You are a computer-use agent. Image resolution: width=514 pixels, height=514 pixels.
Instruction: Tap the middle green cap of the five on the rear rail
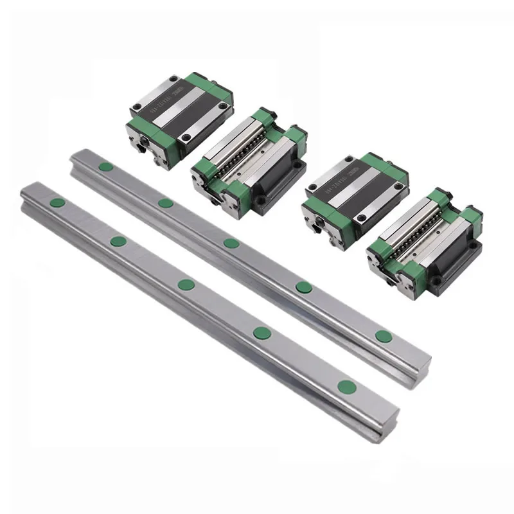pos(231,243)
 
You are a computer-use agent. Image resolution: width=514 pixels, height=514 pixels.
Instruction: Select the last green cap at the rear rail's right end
pos(384,335)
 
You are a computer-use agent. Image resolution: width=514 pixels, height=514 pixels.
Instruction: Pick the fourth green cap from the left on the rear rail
pos(303,287)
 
